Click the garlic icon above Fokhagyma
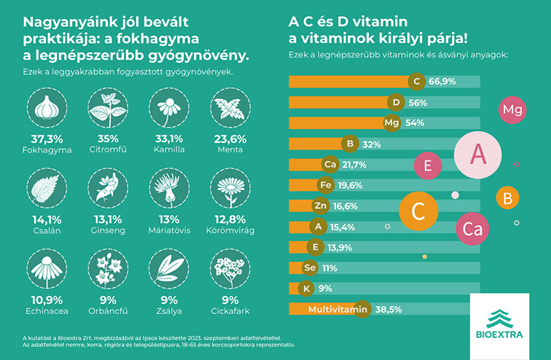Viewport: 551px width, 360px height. click(47, 107)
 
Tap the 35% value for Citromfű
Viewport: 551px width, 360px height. click(108, 138)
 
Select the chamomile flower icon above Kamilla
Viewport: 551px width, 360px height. click(169, 107)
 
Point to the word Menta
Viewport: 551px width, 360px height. click(230, 149)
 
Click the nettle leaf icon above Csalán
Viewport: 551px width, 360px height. click(47, 188)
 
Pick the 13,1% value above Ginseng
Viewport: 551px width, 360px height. click(108, 219)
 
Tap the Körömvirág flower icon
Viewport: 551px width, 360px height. click(230, 188)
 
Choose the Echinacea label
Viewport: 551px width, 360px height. click(47, 311)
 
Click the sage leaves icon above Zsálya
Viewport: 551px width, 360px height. click(169, 269)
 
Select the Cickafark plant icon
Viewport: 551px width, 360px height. click(230, 269)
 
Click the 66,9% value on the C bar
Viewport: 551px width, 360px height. click(442, 82)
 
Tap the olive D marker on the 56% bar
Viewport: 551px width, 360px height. click(396, 103)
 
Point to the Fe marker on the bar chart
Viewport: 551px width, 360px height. click(326, 185)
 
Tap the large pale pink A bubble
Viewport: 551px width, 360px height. click(478, 155)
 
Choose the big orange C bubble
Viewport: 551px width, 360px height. click(418, 211)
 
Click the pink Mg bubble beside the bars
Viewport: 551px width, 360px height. click(512, 110)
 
